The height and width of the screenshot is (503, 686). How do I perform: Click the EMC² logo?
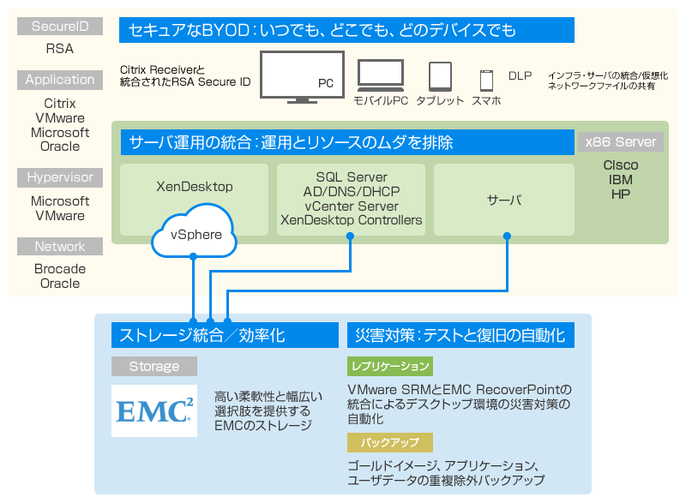tap(154, 410)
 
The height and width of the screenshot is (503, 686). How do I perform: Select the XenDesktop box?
tap(195, 185)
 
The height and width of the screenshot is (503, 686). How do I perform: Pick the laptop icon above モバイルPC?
tap(382, 76)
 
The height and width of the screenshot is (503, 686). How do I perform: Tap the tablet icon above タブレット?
tap(440, 77)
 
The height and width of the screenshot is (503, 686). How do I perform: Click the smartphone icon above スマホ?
tap(486, 81)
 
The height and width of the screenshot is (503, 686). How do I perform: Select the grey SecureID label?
tap(60, 27)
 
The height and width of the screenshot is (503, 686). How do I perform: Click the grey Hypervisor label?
tap(60, 177)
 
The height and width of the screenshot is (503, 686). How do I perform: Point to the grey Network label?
tap(60, 247)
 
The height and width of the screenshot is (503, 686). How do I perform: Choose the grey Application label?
tap(60, 80)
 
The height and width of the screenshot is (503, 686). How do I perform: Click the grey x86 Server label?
tap(621, 141)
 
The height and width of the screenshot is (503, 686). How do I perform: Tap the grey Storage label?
tap(154, 367)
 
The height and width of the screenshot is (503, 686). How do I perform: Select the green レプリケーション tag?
tap(390, 367)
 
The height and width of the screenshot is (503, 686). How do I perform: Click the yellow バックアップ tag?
tap(390, 442)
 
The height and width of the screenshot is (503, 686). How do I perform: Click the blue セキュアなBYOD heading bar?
tap(346, 31)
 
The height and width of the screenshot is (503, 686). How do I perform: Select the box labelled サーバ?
tap(504, 200)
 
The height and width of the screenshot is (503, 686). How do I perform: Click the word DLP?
tap(520, 76)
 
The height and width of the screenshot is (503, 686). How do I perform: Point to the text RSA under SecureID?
tap(60, 49)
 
